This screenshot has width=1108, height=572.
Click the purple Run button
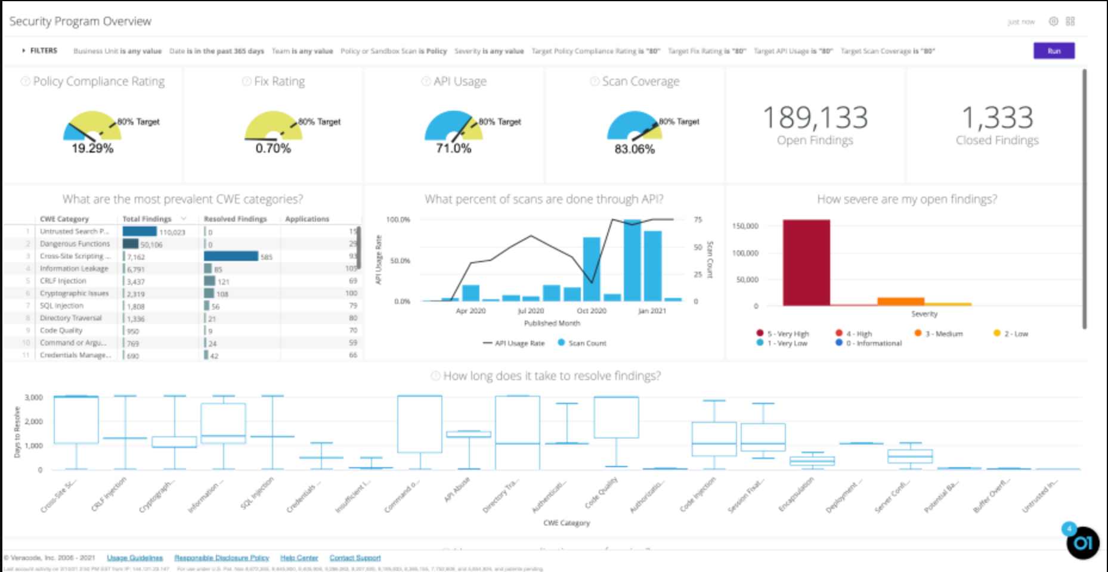click(1054, 51)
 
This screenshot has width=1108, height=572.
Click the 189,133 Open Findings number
click(815, 117)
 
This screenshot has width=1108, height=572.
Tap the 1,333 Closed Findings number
click(997, 117)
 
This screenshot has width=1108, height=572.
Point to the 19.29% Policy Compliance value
click(92, 148)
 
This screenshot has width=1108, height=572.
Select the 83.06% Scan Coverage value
click(635, 149)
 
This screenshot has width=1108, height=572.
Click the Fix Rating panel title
click(279, 81)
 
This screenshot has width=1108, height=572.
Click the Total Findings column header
click(147, 219)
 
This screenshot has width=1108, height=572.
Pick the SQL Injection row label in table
click(61, 306)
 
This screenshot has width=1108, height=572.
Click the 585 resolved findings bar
click(231, 256)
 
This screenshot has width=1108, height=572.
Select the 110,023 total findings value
click(172, 232)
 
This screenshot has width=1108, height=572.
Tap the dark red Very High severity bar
click(806, 262)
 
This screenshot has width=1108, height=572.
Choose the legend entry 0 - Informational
click(873, 343)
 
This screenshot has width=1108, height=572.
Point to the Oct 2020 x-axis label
click(591, 311)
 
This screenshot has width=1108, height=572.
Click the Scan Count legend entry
click(587, 343)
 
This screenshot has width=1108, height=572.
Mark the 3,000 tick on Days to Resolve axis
click(33, 397)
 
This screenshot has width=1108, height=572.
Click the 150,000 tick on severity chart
click(745, 226)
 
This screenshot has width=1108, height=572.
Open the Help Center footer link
click(299, 558)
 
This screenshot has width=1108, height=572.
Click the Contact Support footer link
click(355, 558)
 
